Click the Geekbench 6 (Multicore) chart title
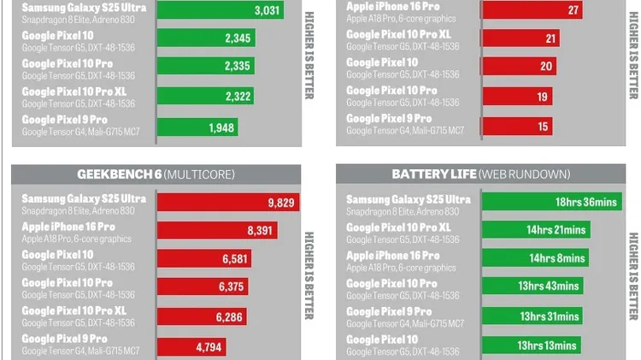(x=156, y=174)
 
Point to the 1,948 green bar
(x=197, y=127)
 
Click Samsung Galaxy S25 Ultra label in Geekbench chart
(x=84, y=198)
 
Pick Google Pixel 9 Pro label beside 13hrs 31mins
(x=389, y=313)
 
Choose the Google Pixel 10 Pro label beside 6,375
(x=67, y=283)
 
